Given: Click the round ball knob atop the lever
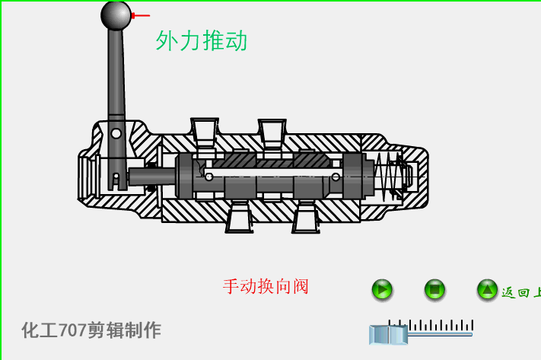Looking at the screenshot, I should pyautogui.click(x=116, y=15).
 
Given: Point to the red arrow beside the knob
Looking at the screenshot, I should pyautogui.click(x=141, y=15).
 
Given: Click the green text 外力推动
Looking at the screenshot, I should pyautogui.click(x=202, y=41).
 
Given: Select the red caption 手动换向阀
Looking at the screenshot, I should pyautogui.click(x=266, y=287).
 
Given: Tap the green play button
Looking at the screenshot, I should pyautogui.click(x=382, y=289).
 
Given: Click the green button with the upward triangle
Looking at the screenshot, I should pyautogui.click(x=487, y=289).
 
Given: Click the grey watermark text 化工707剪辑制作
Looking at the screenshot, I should pyautogui.click(x=91, y=330).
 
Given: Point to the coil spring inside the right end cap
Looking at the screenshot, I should pyautogui.click(x=389, y=176).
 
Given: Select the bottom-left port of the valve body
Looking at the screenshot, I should pyautogui.click(x=239, y=218).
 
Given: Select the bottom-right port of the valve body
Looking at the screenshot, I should pyautogui.click(x=306, y=218).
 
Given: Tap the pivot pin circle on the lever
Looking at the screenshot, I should pyautogui.click(x=116, y=133).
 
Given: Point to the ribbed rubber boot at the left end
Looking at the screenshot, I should pyautogui.click(x=88, y=177).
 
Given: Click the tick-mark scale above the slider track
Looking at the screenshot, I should pyautogui.click(x=431, y=325).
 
